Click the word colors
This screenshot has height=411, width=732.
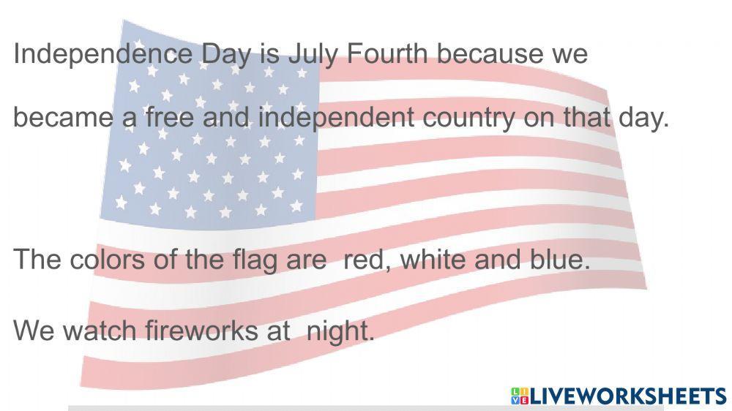coord(110,260)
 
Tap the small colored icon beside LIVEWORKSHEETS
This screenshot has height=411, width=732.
coord(520,396)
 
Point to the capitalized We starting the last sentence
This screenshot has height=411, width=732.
coord(34,331)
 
